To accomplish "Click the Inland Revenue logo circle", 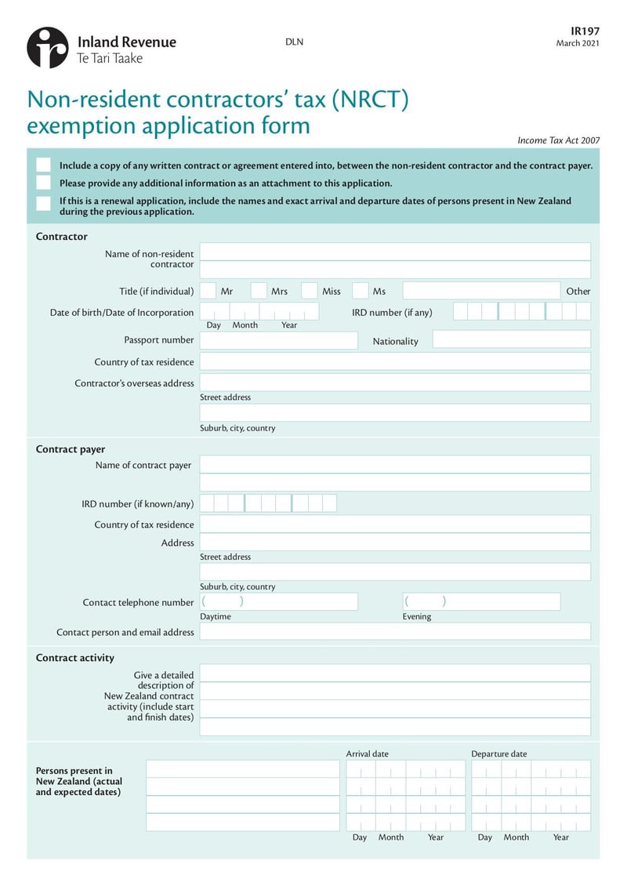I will tap(48, 48).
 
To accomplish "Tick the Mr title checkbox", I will tap(208, 291).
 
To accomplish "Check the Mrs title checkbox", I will tap(259, 291).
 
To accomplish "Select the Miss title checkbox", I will tap(310, 291).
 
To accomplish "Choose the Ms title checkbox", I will tap(360, 291).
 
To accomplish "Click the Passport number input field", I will tap(278, 340).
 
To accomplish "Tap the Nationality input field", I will tap(511, 340).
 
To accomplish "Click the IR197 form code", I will tap(585, 31).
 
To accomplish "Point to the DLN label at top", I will tap(294, 42).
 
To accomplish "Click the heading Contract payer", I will tap(71, 449).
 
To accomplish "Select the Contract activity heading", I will tap(75, 658).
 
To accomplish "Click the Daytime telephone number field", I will tap(278, 601).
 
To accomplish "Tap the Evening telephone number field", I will tap(481, 601).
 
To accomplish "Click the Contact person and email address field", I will tap(395, 631).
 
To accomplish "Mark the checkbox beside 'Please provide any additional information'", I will tap(44, 183).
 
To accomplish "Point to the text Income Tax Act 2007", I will tap(558, 140).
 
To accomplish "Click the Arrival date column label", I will tap(368, 753).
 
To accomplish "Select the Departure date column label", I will tap(499, 753).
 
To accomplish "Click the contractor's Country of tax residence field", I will tap(395, 361).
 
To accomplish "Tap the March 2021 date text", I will tap(578, 43).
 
